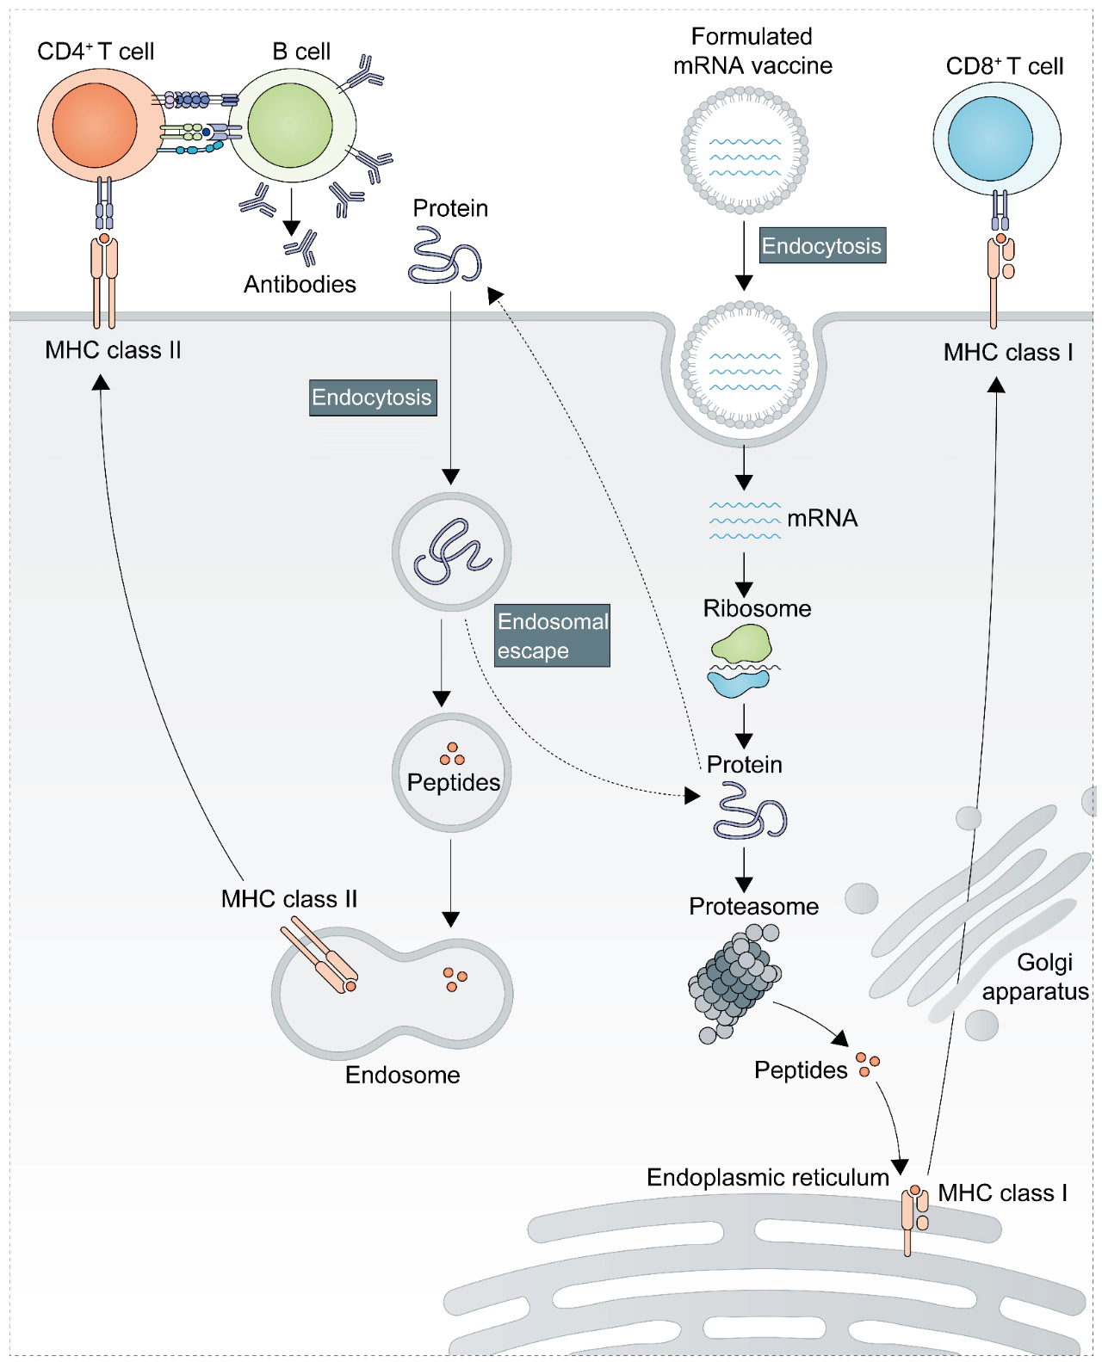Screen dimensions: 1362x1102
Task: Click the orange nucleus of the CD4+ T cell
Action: pos(95,125)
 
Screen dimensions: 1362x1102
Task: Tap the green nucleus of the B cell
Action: pos(290,126)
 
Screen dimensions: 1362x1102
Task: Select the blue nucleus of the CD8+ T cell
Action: pos(990,139)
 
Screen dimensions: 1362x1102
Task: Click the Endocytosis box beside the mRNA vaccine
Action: pos(822,246)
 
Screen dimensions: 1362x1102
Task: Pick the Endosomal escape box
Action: pos(552,636)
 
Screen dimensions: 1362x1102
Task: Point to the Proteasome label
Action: pos(753,906)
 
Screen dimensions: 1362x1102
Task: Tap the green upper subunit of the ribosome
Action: pos(740,644)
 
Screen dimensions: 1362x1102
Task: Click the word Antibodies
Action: pos(300,285)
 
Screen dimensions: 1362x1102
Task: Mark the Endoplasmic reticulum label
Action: pos(767,1177)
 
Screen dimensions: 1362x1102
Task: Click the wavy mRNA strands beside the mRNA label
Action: pos(745,520)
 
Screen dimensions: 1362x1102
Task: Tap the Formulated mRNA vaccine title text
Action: pos(752,51)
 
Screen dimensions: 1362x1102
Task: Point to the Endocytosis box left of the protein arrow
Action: pos(373,398)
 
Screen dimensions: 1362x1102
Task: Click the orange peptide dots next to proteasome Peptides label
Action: pos(868,1064)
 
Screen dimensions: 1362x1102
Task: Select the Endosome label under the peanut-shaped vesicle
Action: pos(402,1075)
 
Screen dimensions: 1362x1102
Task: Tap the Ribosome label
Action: pos(757,608)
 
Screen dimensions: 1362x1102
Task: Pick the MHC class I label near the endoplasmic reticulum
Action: pos(1002,1193)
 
